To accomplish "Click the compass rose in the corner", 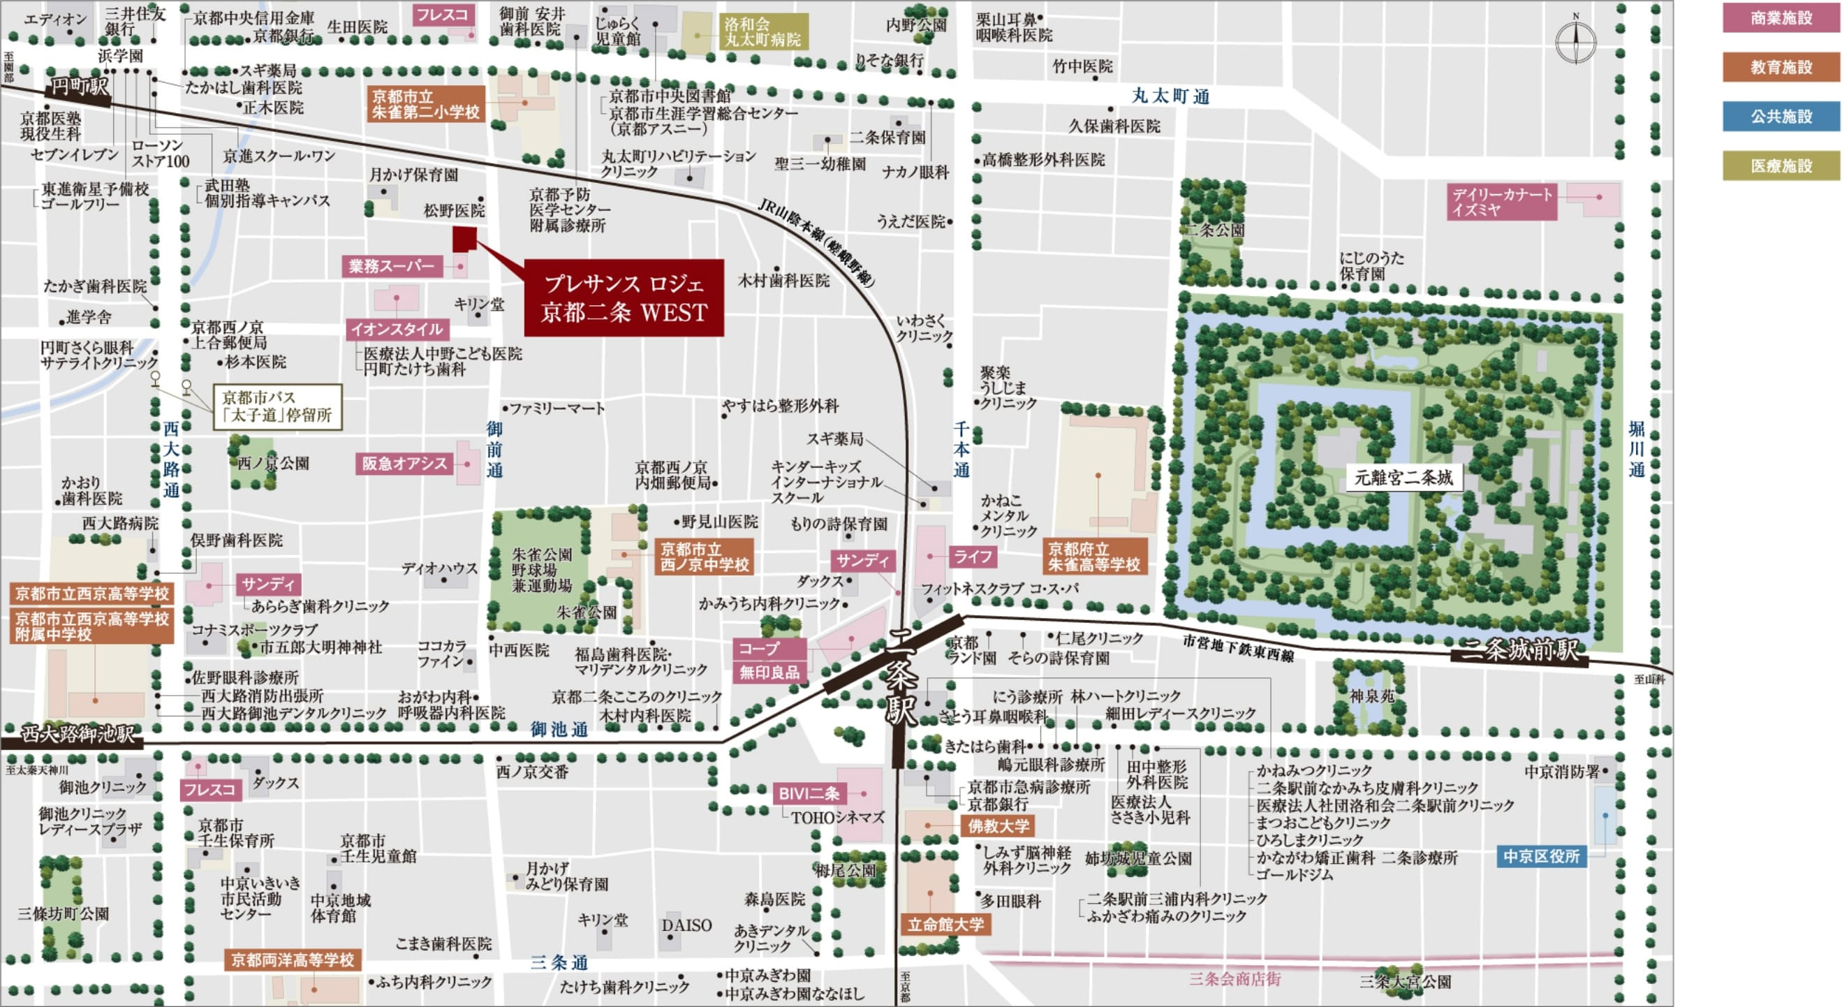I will click(1575, 41).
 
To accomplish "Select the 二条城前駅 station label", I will click(1519, 651).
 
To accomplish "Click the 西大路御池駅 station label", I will click(77, 735).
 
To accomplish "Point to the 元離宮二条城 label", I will click(1403, 478).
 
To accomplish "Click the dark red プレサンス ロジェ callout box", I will click(624, 298).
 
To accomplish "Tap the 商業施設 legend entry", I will click(1781, 18).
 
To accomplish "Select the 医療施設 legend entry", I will click(1781, 166).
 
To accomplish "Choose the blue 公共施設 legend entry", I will click(1781, 117).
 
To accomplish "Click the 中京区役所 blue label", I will click(1541, 856).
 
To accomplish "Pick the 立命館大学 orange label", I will click(945, 925).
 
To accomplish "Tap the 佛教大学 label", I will click(999, 826).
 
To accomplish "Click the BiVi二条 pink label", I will click(809, 794).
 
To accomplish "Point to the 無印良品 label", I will click(769, 672).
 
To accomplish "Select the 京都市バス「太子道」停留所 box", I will click(277, 407).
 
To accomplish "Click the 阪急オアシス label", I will click(404, 464).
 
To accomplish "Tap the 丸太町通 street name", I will click(1170, 96).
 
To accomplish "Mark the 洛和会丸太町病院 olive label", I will click(762, 33).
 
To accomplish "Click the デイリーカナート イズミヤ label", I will click(1501, 202).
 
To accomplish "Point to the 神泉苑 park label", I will click(1371, 695).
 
